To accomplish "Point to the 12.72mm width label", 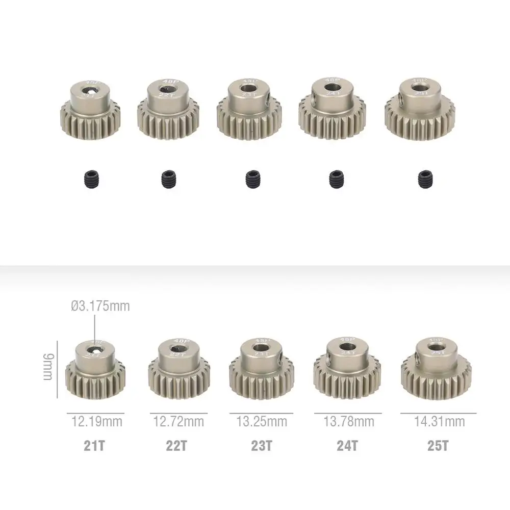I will (x=178, y=422).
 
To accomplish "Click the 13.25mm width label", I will (x=262, y=422).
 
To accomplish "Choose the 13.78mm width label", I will (x=349, y=422).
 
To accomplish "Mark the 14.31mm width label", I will (x=440, y=422).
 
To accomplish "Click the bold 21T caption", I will (x=94, y=446).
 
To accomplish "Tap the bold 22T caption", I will (x=176, y=446).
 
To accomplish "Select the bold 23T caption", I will (x=261, y=446).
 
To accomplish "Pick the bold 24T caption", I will (x=348, y=446).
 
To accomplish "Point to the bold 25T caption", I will (x=438, y=446).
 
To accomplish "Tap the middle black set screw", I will (x=252, y=178).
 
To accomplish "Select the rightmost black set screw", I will (x=424, y=178).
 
